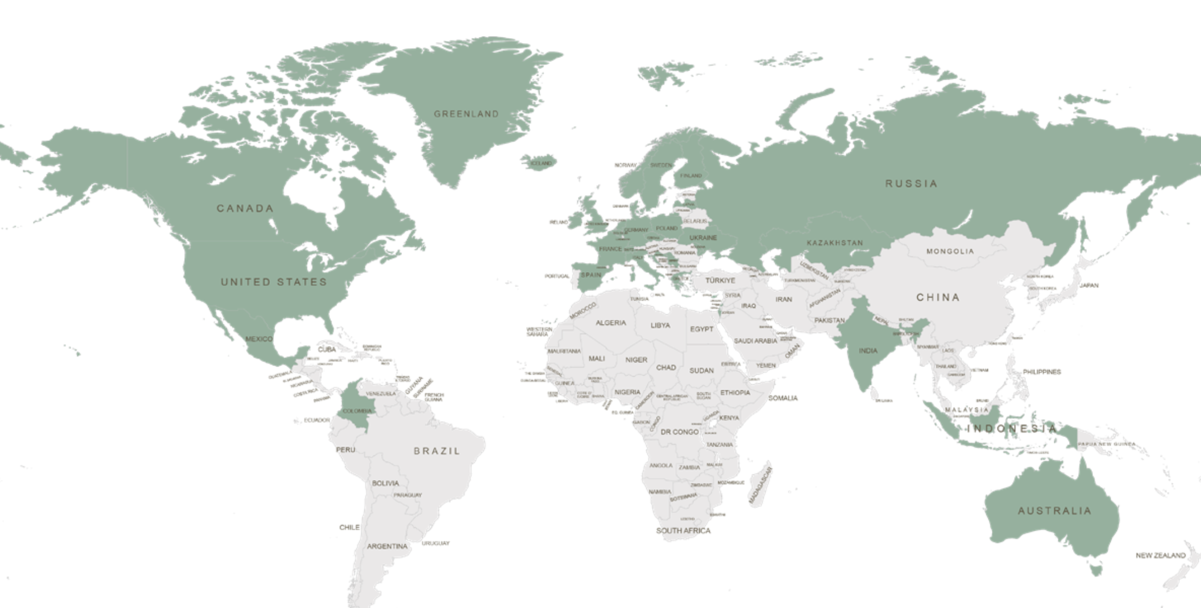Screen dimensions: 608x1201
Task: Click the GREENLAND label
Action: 466,114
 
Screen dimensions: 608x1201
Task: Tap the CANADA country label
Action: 245,208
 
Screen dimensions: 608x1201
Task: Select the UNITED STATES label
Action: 274,282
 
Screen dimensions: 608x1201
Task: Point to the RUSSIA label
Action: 911,184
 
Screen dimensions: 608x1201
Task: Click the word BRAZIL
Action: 437,451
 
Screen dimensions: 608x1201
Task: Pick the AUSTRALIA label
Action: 1054,511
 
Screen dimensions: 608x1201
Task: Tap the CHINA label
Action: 938,297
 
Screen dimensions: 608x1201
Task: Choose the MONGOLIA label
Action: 950,252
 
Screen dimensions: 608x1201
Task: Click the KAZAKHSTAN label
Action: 834,243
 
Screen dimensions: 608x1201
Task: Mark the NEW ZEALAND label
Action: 1161,555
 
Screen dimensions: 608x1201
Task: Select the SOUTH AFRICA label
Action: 683,531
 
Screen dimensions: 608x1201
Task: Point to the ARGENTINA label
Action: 387,546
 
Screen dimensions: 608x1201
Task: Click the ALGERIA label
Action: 610,323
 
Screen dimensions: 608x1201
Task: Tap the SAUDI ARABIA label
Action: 755,341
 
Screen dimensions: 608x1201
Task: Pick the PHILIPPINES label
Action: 1042,372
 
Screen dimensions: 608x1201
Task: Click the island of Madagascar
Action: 761,483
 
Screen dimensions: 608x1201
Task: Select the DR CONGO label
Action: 680,432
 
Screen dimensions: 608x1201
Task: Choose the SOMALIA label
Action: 783,398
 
